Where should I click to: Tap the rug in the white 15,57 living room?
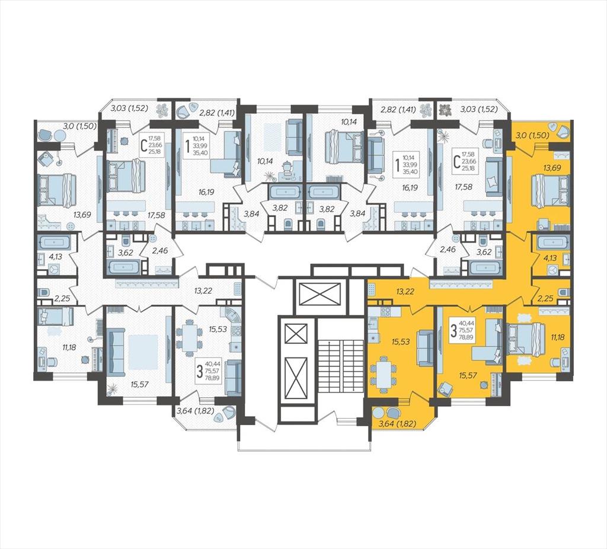pos(143,352)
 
